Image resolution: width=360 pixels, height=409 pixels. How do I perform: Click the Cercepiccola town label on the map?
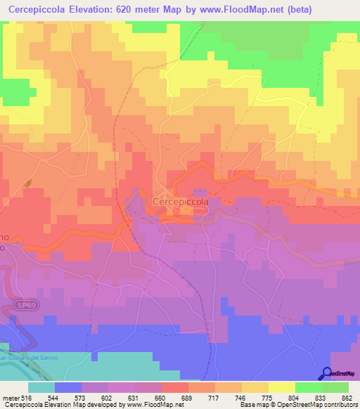coord(181,201)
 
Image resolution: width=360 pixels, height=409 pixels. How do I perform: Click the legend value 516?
coord(27,396)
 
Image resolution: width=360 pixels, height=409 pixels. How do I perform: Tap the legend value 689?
coord(188,396)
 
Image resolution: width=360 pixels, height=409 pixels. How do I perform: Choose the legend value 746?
coord(241,396)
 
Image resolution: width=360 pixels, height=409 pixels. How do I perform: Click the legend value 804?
coord(295,396)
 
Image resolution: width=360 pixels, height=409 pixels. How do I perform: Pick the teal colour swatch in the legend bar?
coord(41,387)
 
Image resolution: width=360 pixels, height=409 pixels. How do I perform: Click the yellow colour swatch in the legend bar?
coord(281,387)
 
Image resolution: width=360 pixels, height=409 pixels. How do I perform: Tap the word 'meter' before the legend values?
coord(10,396)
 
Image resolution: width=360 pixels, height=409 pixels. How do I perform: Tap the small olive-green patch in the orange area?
coord(29,183)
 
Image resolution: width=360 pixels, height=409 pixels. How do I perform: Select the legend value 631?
coord(134,396)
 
